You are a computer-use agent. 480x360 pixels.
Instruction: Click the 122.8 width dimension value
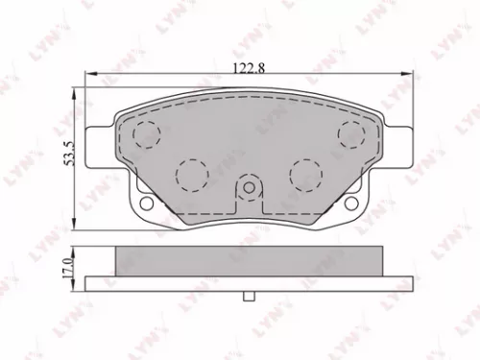point(245,67)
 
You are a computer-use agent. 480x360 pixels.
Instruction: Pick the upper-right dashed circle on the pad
point(350,133)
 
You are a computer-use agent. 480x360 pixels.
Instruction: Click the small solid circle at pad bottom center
point(249,188)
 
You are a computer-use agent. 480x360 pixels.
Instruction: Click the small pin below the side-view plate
point(249,298)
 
